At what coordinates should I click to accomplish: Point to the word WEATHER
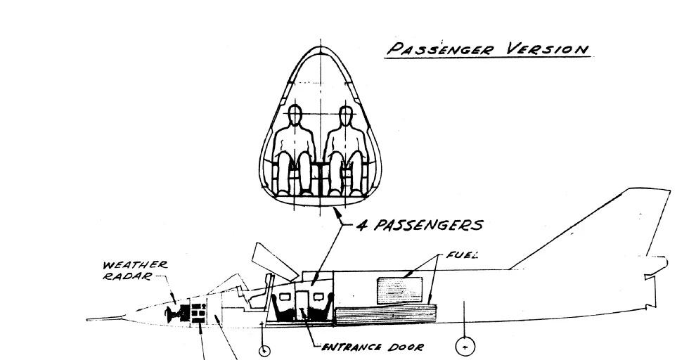136,265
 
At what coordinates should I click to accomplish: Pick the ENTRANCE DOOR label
373,347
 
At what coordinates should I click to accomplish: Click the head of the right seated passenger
344,115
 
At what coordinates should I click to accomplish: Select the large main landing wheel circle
465,345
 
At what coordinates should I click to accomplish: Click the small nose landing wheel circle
264,349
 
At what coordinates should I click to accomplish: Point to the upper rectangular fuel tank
401,290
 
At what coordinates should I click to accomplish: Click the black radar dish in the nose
173,314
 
